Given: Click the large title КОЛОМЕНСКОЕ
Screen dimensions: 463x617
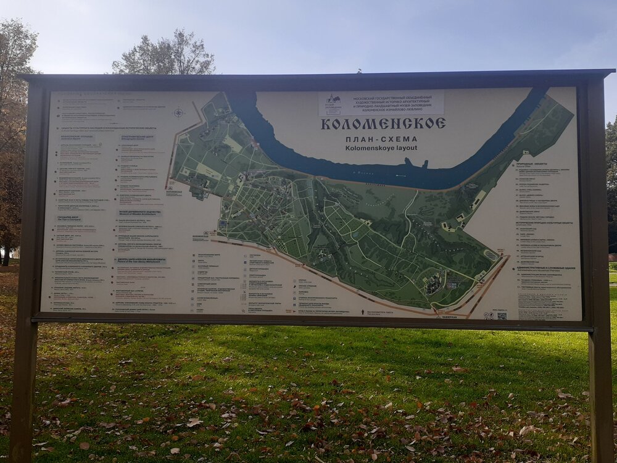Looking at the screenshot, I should click(x=383, y=123).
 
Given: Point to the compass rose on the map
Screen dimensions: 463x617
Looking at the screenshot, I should click(x=179, y=112).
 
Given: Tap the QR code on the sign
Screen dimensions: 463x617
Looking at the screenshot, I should click(x=501, y=315).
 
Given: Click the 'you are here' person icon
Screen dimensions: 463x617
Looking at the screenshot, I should click(x=363, y=312).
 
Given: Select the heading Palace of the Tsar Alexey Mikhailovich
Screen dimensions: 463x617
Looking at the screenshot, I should click(x=141, y=261).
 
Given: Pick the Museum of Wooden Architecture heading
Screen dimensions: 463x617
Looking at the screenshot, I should click(x=139, y=212).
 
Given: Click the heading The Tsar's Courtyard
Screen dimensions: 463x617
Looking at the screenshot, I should click(x=69, y=218).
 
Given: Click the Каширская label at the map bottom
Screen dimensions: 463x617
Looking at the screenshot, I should click(x=449, y=317).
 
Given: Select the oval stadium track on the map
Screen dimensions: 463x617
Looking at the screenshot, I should click(x=491, y=254).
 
